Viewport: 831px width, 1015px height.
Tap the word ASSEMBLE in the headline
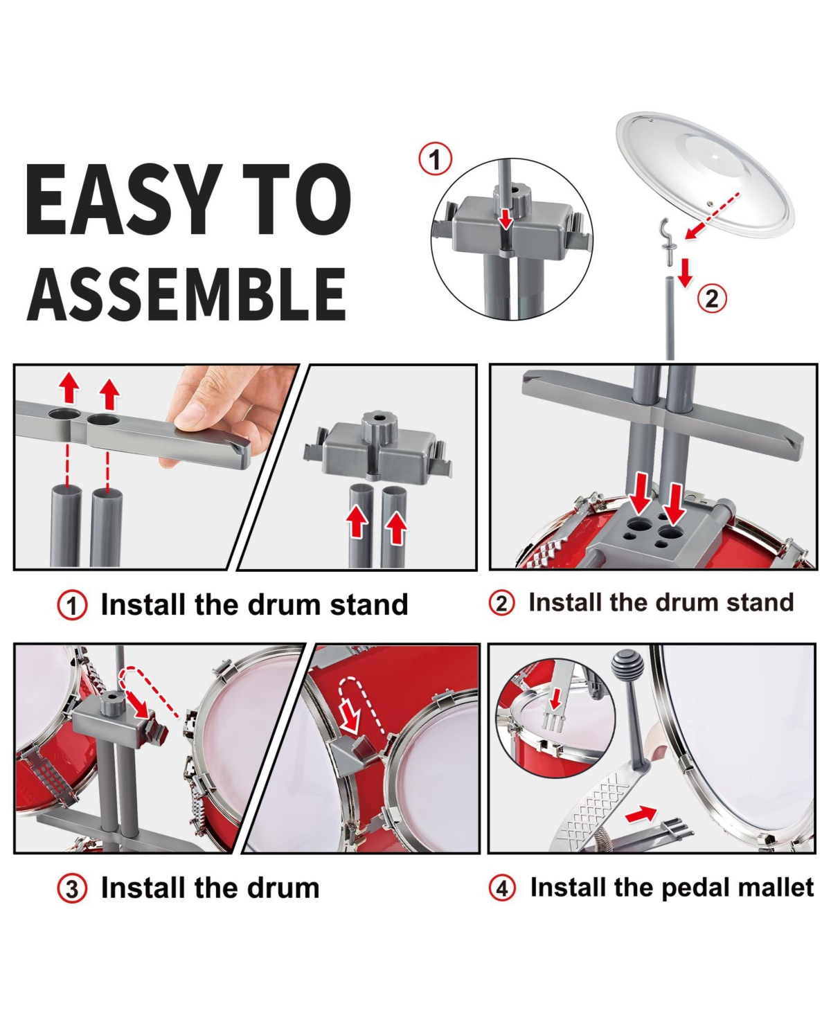coord(187,294)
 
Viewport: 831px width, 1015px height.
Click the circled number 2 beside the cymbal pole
coord(712,298)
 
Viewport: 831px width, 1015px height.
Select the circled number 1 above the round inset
coord(435,159)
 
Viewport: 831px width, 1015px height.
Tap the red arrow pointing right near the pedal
coord(641,814)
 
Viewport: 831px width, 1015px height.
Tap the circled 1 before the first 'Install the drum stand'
coord(72,605)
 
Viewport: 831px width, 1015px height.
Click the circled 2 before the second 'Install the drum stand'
coord(501,602)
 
